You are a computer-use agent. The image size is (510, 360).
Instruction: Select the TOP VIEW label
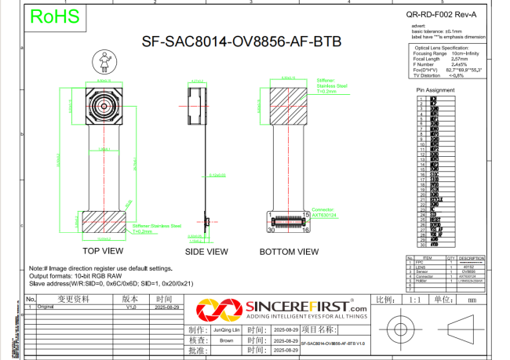click(x=103, y=251)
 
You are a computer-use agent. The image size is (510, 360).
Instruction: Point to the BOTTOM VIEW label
click(x=290, y=252)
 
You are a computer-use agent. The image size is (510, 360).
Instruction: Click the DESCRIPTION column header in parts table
click(x=472, y=257)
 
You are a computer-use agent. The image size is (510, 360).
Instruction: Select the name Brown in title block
click(x=226, y=341)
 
